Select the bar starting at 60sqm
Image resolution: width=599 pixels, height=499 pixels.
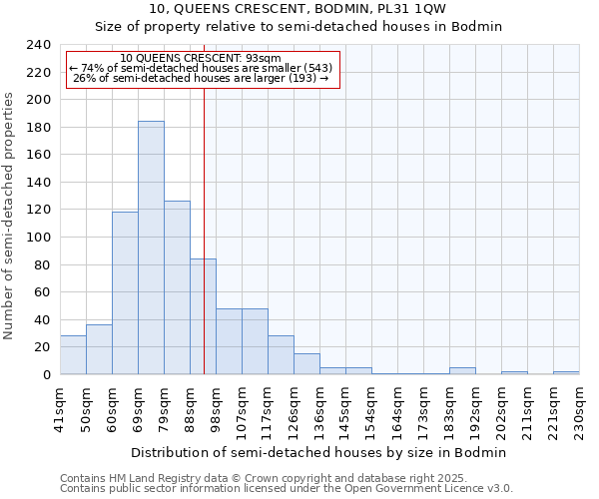point(125,293)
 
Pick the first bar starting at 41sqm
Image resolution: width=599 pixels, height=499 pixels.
point(73,355)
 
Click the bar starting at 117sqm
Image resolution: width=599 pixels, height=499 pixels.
point(281,355)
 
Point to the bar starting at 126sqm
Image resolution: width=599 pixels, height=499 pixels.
point(306,364)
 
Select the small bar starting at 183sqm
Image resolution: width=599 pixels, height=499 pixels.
point(462,371)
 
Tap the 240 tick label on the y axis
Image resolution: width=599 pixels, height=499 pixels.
point(38,45)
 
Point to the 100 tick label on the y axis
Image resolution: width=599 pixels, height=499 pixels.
point(38,238)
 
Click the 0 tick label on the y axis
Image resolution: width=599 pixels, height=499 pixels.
point(46,375)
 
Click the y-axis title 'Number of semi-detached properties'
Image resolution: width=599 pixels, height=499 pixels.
point(10,216)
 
